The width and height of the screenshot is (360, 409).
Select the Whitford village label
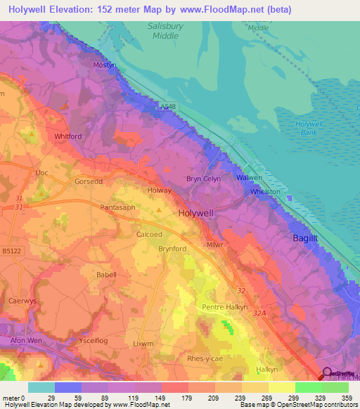tap(68, 136)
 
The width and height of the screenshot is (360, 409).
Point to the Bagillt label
tap(307, 239)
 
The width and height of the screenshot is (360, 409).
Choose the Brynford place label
tap(172, 248)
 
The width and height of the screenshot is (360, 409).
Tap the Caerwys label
tap(22, 300)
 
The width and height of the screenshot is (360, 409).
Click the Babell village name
tap(106, 275)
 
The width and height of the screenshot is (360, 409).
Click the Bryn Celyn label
tap(203, 178)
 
